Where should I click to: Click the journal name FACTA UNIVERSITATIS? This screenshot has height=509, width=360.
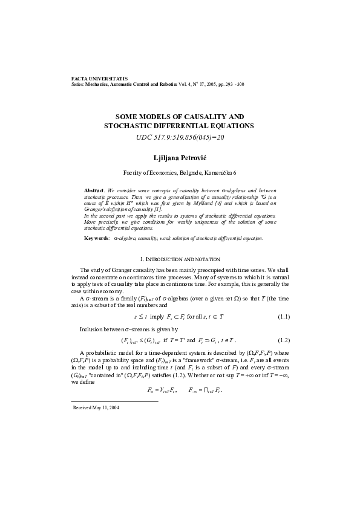pos(99,79)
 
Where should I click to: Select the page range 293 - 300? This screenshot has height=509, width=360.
pos(234,85)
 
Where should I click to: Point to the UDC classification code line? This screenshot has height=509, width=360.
pos(179,138)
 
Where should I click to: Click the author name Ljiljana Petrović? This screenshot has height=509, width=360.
pos(179,156)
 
